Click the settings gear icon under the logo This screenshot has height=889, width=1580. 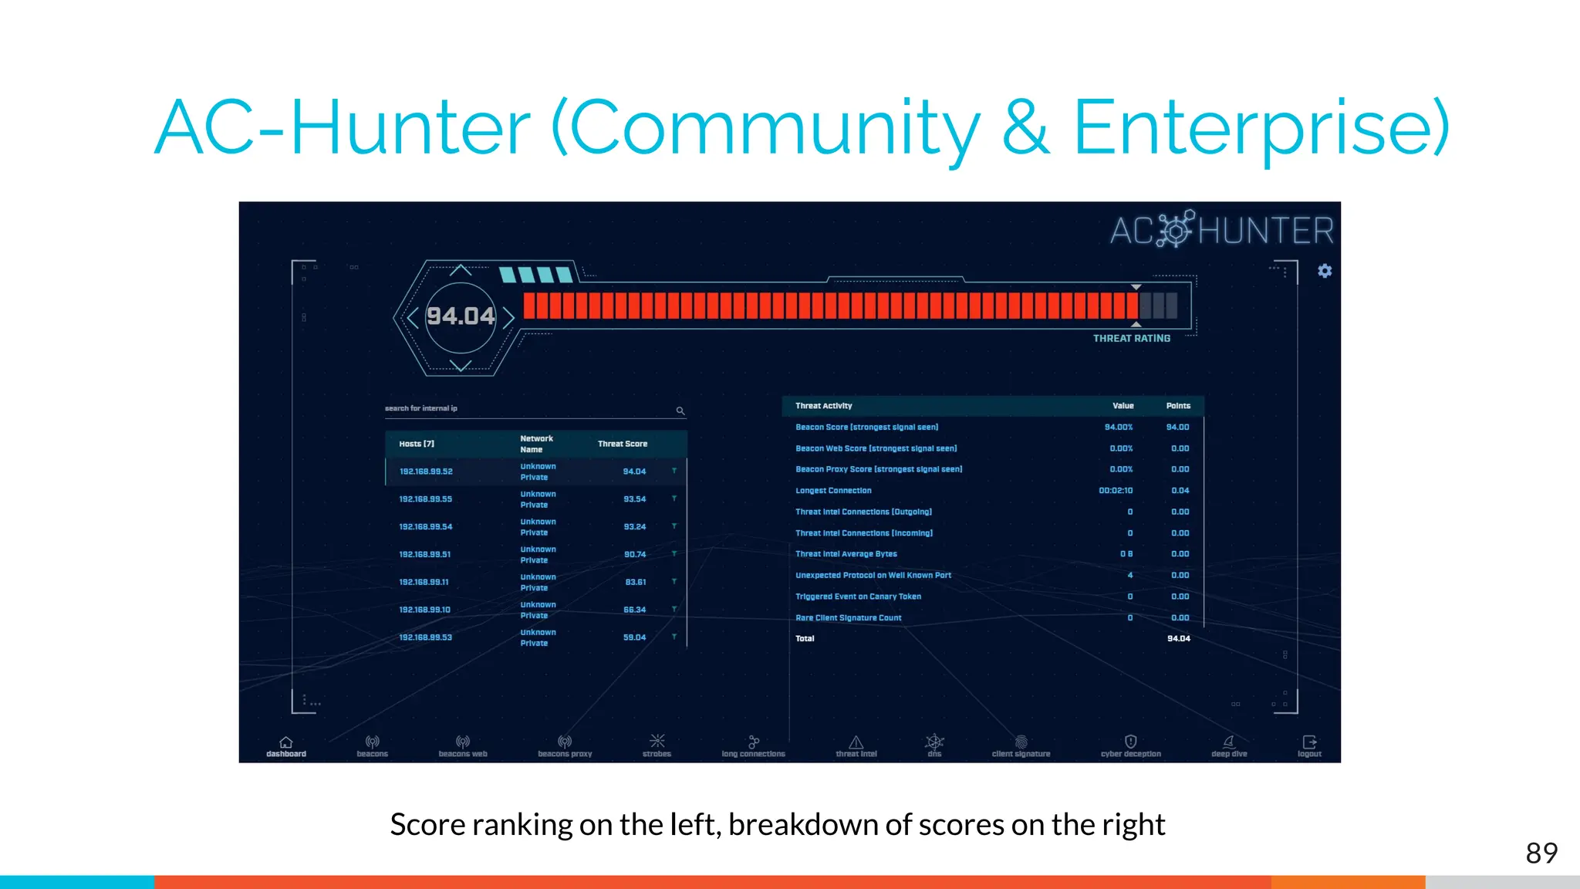click(1325, 271)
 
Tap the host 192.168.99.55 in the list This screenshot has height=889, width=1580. click(425, 499)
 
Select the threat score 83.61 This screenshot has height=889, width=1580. click(635, 583)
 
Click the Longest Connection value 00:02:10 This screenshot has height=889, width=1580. click(1116, 491)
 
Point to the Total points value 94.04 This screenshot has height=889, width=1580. click(1178, 639)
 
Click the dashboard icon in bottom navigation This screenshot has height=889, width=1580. click(286, 742)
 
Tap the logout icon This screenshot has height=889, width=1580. click(1309, 742)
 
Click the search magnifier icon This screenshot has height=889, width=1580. click(680, 411)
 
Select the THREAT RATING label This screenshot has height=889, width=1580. click(1131, 339)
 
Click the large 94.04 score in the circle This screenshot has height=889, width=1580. click(461, 316)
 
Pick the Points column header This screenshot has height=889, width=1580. click(1178, 406)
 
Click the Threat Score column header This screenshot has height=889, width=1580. click(622, 444)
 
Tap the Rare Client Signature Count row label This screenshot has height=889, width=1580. click(848, 618)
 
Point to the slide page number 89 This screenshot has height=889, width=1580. click(1541, 854)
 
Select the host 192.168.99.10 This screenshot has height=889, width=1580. click(424, 610)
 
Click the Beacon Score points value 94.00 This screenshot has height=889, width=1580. click(1177, 428)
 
